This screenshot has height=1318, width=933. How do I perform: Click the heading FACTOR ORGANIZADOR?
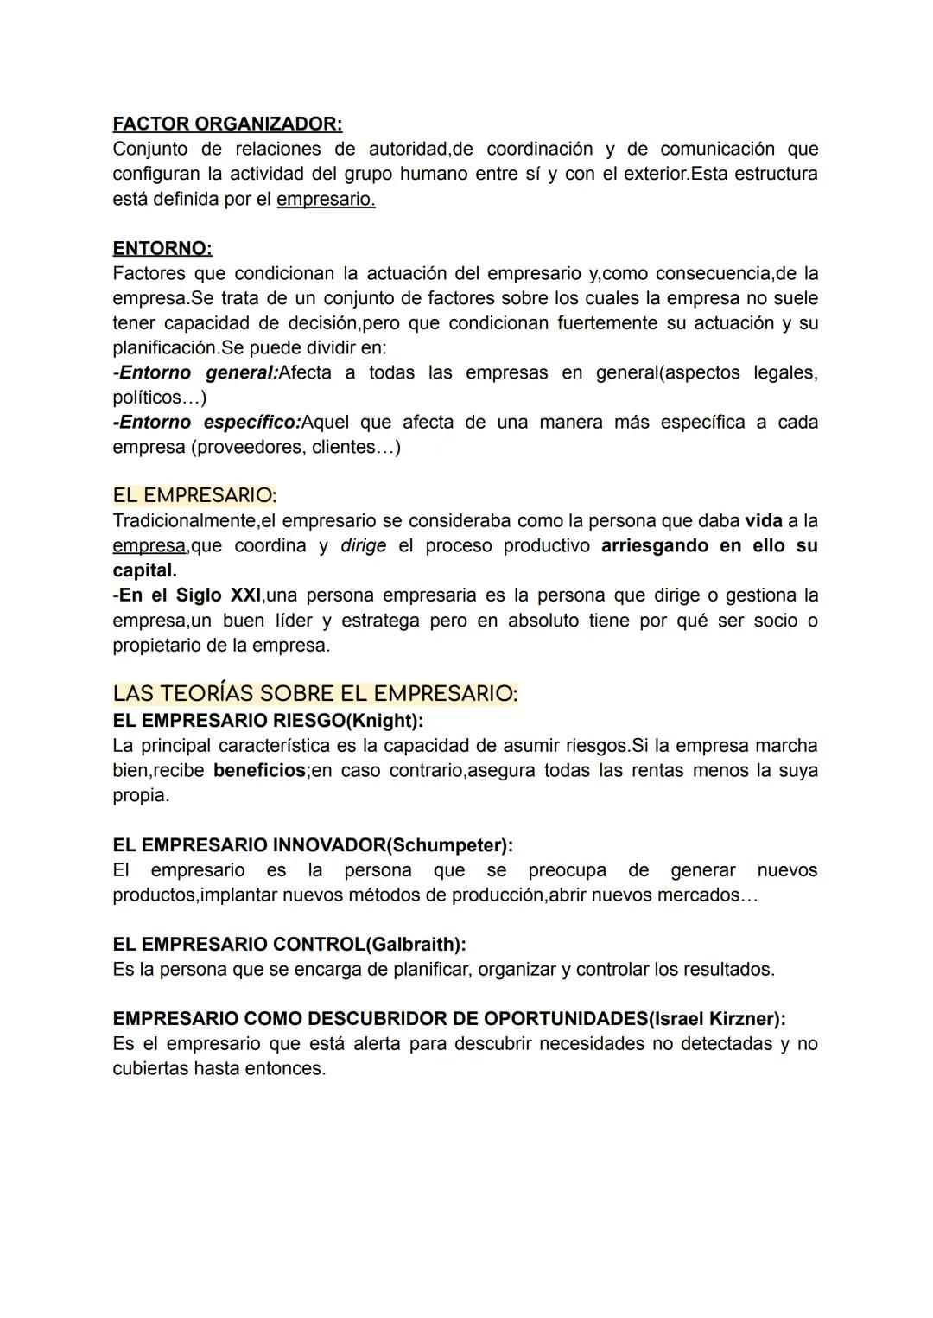(x=227, y=124)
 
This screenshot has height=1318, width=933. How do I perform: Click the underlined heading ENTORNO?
(x=162, y=249)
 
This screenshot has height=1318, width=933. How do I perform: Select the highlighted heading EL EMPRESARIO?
(x=194, y=495)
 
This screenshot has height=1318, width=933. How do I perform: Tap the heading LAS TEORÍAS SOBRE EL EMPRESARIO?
(x=314, y=694)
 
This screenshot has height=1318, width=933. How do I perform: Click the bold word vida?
(x=764, y=521)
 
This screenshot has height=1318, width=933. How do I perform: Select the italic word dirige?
(x=363, y=546)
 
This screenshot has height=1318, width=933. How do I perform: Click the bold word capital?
(x=144, y=570)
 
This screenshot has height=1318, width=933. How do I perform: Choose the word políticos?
(x=147, y=398)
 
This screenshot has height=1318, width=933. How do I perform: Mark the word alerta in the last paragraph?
(x=377, y=1044)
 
